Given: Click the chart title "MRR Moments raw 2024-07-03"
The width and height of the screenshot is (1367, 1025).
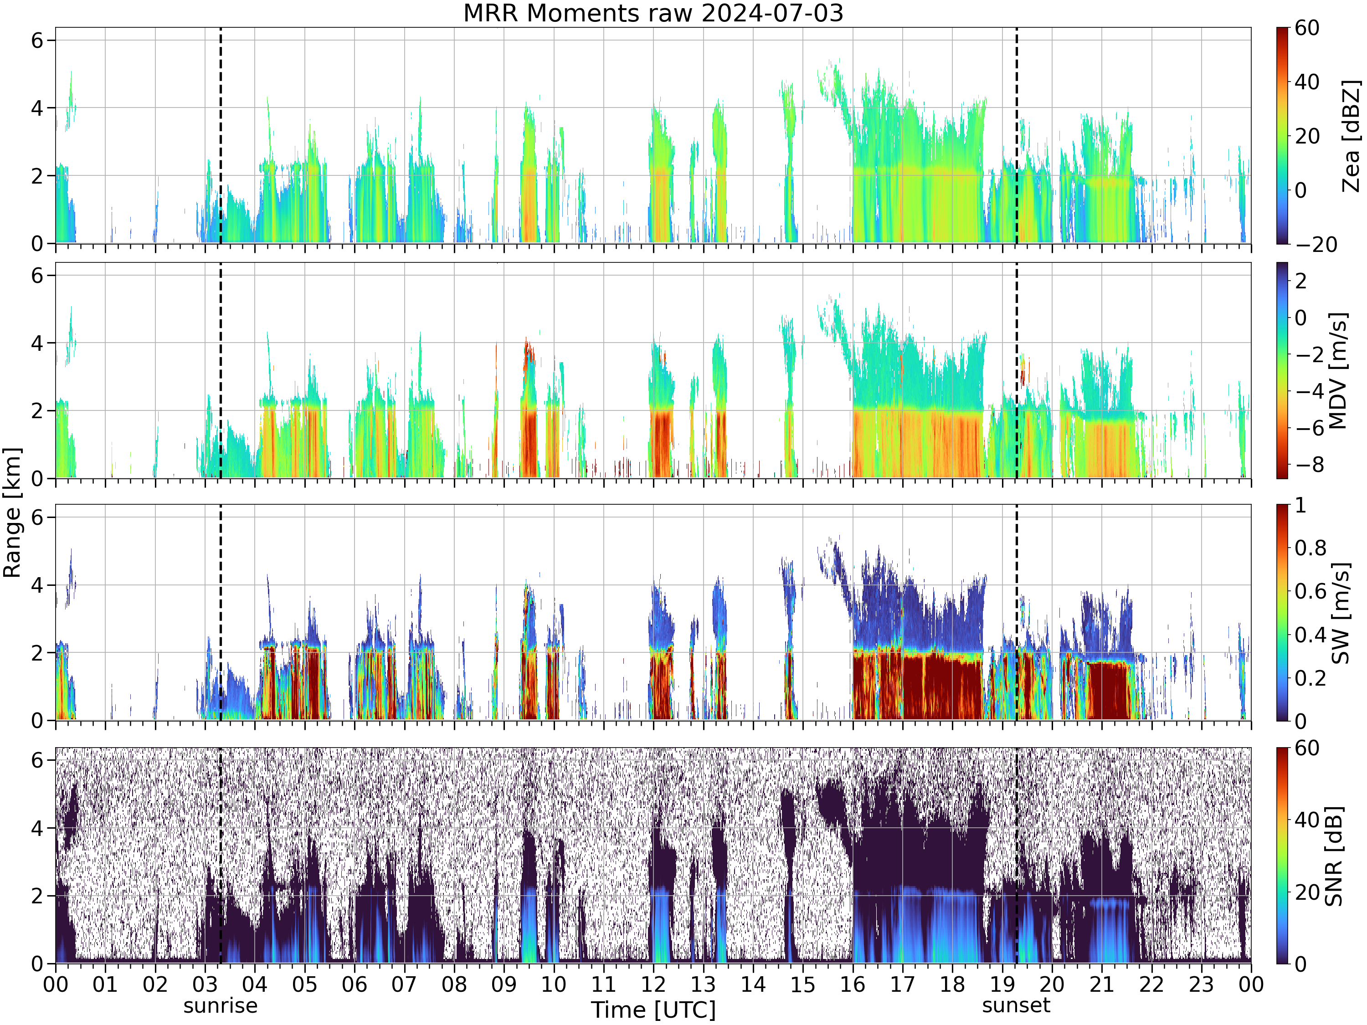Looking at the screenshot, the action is pos(653,13).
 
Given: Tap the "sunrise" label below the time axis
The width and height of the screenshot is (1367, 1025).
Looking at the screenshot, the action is pos(220,1006).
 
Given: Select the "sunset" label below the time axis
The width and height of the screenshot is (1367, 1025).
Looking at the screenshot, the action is pos(1016,1005).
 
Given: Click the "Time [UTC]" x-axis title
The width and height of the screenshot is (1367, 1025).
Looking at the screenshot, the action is pos(653,1010).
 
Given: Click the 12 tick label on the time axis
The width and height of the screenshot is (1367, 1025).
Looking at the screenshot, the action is pos(653,984).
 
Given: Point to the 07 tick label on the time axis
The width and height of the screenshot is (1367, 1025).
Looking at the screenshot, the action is pos(404,984).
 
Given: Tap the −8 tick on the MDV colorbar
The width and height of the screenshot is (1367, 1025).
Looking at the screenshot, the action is pos(1309,465).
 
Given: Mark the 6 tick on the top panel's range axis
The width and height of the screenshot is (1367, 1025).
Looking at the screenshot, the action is pos(38,41).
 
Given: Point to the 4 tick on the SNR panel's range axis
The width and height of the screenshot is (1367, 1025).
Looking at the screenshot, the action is pos(38,828).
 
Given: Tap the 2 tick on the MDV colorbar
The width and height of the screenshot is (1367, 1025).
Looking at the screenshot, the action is pos(1301,281).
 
